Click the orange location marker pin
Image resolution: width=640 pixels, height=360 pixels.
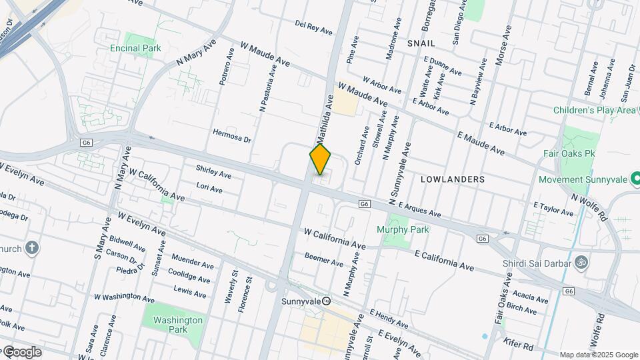[x=320, y=159]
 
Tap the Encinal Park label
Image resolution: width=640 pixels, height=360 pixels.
[x=135, y=48]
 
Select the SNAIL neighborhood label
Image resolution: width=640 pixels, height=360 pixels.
[x=421, y=43]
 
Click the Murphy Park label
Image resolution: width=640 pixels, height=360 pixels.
[x=403, y=229]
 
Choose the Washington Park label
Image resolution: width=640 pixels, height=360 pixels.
[x=177, y=325]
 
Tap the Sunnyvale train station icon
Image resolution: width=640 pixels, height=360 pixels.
[x=327, y=301]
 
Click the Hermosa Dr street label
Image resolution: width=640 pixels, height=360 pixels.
[x=231, y=140]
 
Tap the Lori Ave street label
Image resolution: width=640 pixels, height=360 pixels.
[x=209, y=189]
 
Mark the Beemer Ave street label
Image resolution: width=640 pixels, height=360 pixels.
[x=323, y=256]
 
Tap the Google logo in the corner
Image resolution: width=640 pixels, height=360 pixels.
[x=21, y=351]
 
